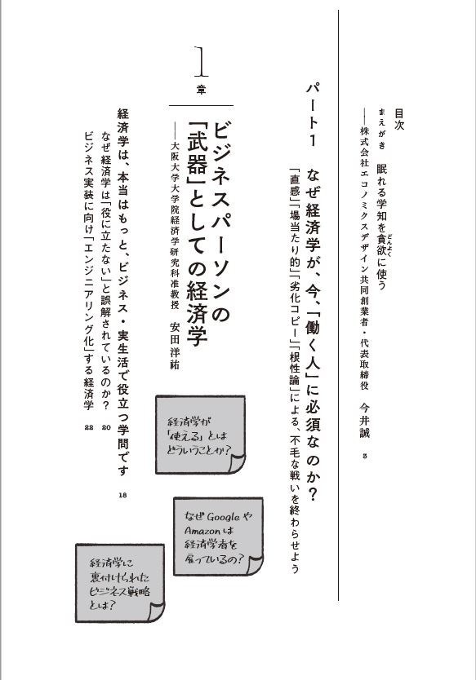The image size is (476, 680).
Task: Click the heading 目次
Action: (x=398, y=119)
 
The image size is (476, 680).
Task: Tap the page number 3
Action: (x=364, y=456)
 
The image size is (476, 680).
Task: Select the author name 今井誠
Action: (x=364, y=420)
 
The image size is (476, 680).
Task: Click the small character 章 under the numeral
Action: (x=201, y=90)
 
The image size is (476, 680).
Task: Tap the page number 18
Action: (x=123, y=495)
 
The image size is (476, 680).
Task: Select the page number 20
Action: (x=106, y=427)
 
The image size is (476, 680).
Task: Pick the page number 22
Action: (x=89, y=427)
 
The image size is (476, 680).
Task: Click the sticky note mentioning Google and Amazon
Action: (x=218, y=536)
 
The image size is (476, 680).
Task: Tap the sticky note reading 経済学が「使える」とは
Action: (x=200, y=435)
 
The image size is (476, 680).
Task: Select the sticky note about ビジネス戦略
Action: (x=120, y=583)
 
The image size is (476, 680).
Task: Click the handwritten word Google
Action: (x=223, y=517)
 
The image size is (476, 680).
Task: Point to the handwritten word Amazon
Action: (x=202, y=530)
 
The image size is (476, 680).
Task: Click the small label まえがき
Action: (x=382, y=128)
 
